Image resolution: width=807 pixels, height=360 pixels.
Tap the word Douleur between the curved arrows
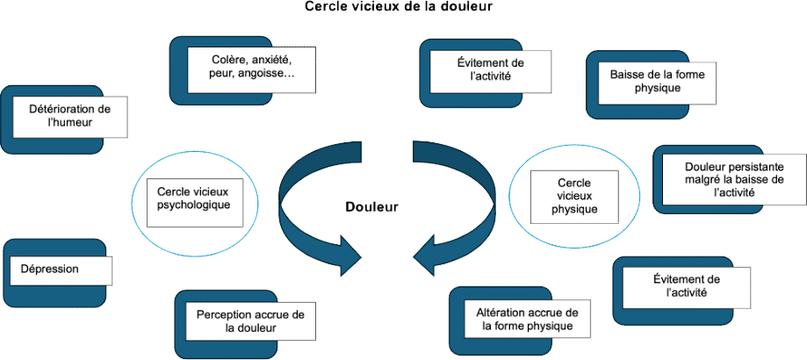point(371,207)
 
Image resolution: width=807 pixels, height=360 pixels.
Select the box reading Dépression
point(60,270)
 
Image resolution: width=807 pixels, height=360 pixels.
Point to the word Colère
point(230,59)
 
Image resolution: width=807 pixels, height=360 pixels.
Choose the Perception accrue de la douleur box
point(250,321)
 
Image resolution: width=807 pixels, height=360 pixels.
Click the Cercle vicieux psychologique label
point(193,198)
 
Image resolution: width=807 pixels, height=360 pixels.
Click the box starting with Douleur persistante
point(734,178)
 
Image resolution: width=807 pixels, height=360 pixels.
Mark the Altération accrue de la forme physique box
point(527,319)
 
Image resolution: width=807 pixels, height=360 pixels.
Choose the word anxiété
point(270,59)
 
